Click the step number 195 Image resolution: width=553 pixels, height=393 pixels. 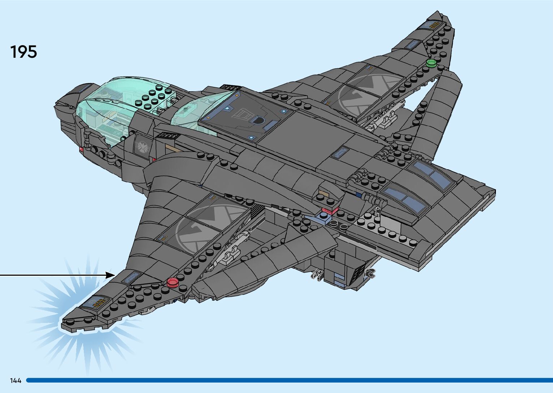point(23,52)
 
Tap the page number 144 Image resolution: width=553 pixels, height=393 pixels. point(16,380)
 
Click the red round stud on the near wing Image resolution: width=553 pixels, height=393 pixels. point(173,282)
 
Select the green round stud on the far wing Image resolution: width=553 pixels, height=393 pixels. point(431,63)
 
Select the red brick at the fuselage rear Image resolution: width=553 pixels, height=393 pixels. point(330,210)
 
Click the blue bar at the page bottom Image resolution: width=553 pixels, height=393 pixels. point(289,380)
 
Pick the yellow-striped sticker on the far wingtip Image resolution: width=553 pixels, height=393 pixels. point(431,25)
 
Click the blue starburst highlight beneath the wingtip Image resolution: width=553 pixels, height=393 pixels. point(72,336)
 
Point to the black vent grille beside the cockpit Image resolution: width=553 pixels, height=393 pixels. point(167,136)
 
